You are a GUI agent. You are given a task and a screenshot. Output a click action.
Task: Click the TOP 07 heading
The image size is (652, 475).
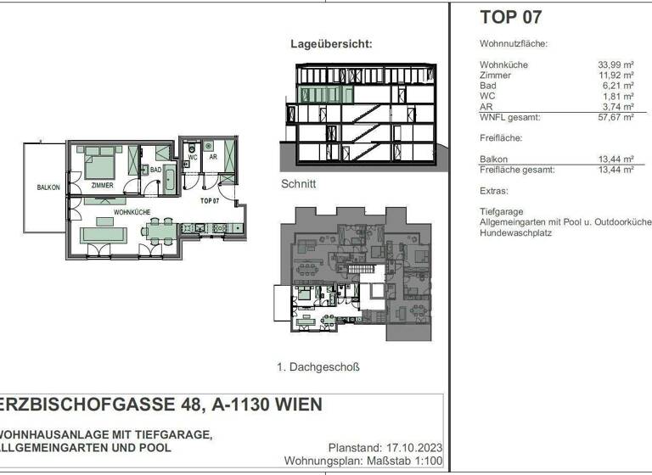pos(510,16)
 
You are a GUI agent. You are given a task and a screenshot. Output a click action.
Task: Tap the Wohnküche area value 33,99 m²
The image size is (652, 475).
pos(617,64)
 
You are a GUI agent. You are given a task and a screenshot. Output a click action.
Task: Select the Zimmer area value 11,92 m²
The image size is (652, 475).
pos(617,75)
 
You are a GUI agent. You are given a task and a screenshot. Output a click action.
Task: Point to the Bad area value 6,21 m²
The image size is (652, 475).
pos(620,86)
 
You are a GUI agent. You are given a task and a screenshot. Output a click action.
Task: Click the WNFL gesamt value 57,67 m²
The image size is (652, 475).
pos(617,118)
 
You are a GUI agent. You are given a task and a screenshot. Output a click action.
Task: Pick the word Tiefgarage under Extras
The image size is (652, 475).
pos(500,211)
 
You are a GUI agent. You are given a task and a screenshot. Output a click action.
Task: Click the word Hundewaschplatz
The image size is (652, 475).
pos(515,232)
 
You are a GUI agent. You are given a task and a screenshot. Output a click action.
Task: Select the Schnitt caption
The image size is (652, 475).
pos(298,183)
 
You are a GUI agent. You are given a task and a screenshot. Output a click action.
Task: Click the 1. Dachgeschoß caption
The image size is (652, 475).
pos(318,367)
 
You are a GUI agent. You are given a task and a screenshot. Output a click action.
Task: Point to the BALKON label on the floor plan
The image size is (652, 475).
pos(48,187)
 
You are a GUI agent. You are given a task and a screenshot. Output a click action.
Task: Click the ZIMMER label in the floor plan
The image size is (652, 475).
pos(102,185)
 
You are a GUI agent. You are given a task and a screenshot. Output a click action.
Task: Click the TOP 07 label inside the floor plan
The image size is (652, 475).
pos(209,201)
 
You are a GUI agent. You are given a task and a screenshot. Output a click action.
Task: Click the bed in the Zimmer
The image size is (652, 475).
pos(100,165)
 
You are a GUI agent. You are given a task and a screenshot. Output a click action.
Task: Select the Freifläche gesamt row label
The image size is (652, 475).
pos(517,170)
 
